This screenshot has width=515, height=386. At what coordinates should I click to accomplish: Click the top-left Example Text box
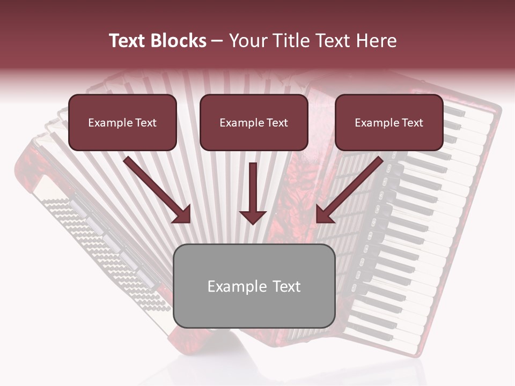[x=122, y=122]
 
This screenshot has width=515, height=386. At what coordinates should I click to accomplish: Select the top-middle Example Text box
[x=254, y=122]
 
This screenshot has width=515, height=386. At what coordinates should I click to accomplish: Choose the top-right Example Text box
[x=389, y=122]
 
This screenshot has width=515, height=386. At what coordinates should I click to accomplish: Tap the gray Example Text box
[x=254, y=286]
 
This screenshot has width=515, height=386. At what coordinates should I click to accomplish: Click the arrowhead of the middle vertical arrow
[x=253, y=217]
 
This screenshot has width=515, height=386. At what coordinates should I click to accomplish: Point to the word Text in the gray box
[x=287, y=286]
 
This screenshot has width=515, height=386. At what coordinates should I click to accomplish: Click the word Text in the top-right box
[x=412, y=123]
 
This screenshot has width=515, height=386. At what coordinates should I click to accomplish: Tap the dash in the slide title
[x=217, y=41]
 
